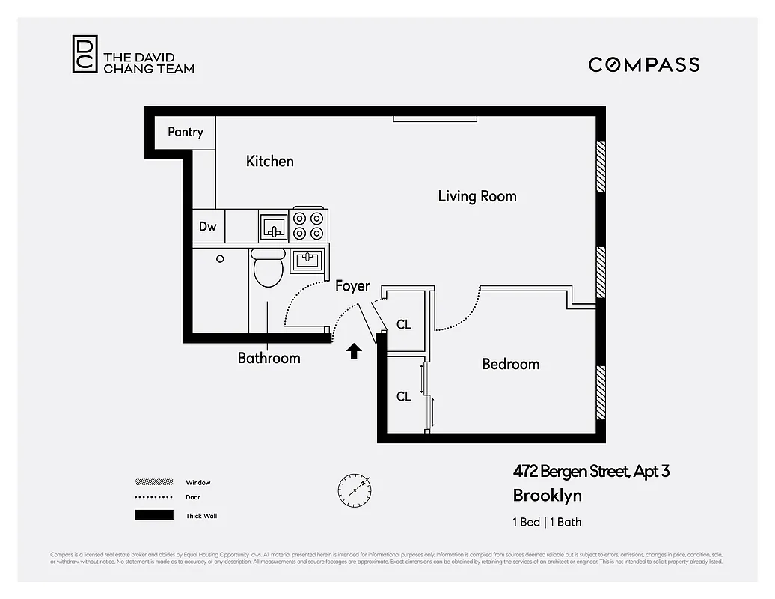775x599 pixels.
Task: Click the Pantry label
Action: pyautogui.click(x=185, y=132)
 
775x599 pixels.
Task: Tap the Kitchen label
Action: pyautogui.click(x=269, y=161)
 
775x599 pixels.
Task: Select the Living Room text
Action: pyautogui.click(x=477, y=196)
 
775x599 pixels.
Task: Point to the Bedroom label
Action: pyautogui.click(x=510, y=364)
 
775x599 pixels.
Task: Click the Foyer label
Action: pyautogui.click(x=352, y=286)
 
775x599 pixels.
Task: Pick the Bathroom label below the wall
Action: pyautogui.click(x=269, y=358)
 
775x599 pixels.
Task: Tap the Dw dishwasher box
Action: pyautogui.click(x=208, y=226)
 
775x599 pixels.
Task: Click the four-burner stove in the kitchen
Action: pyautogui.click(x=309, y=225)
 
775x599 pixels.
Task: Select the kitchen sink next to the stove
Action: pyautogui.click(x=274, y=225)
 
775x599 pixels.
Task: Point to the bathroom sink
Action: pyautogui.click(x=307, y=261)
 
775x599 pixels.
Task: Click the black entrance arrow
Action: pyautogui.click(x=354, y=351)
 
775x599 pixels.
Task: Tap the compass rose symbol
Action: pyautogui.click(x=354, y=488)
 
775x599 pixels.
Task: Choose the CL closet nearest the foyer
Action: pyautogui.click(x=404, y=324)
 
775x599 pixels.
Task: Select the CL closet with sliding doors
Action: pyautogui.click(x=404, y=396)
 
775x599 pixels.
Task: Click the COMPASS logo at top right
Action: pyautogui.click(x=643, y=64)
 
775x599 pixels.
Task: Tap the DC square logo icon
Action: pyautogui.click(x=85, y=55)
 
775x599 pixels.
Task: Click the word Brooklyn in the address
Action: pyautogui.click(x=547, y=495)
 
